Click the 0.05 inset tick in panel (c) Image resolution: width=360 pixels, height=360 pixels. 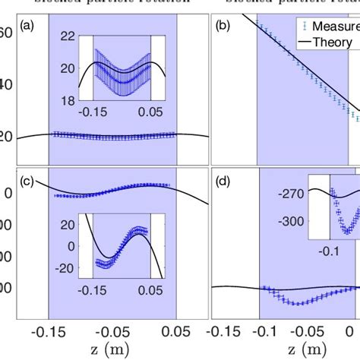point(151,289)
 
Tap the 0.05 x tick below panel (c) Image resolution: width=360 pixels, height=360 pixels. point(177,331)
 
